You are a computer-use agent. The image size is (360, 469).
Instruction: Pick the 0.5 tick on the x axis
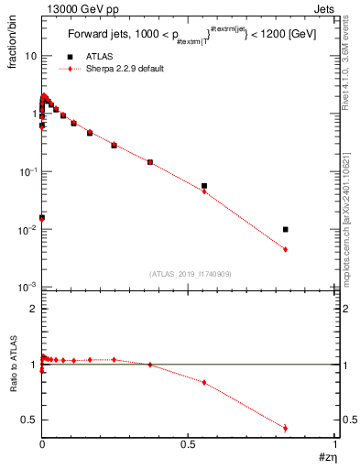189,444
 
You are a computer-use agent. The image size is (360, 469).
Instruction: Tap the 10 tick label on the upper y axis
29,56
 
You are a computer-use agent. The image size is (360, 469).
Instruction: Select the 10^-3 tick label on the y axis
27,288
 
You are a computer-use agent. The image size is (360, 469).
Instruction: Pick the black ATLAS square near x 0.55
204,186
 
